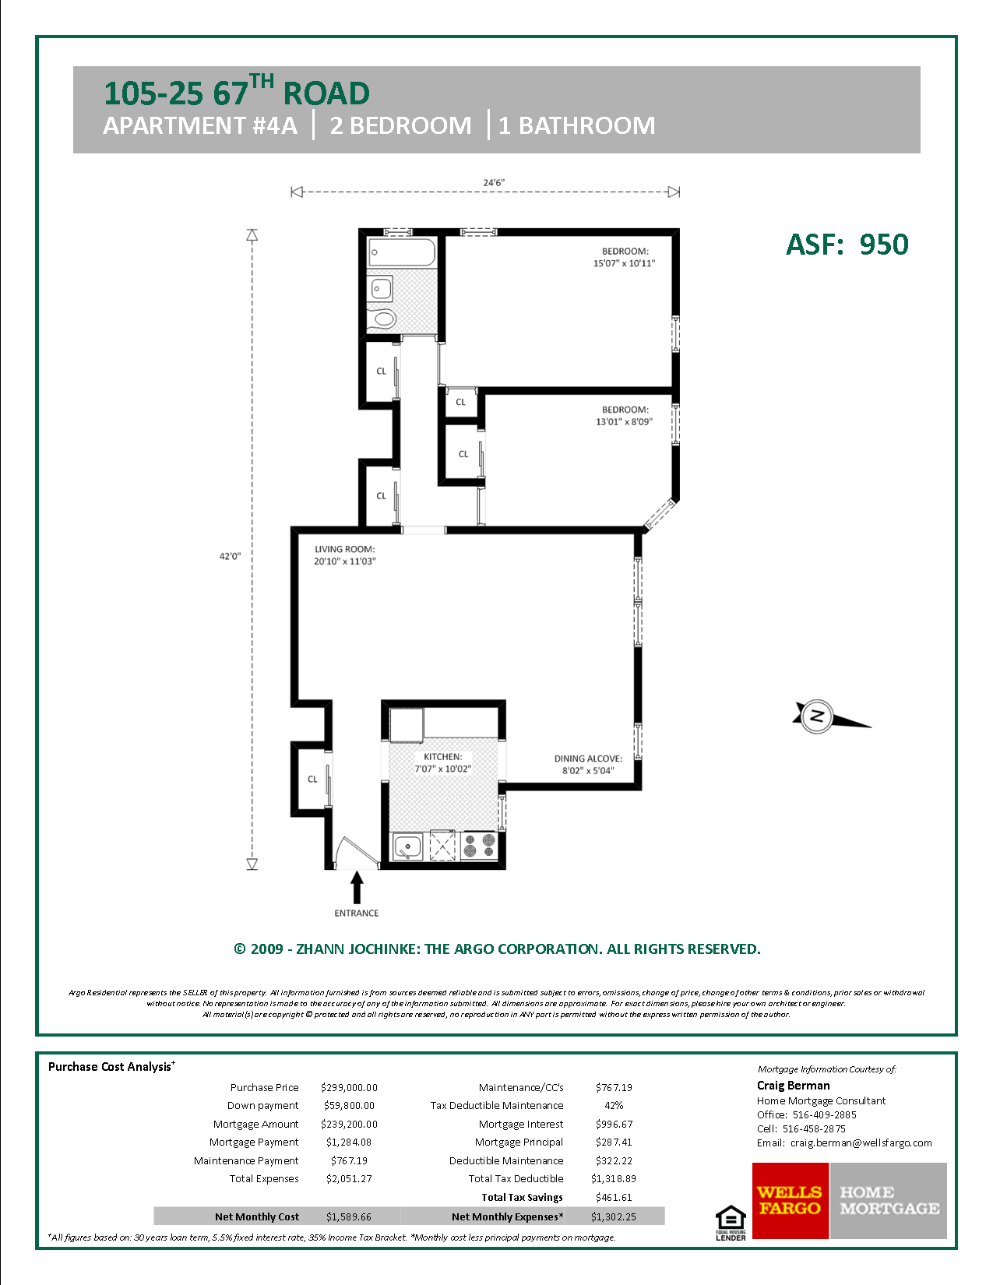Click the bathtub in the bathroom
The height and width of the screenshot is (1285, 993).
coord(402,252)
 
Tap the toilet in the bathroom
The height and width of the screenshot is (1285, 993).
coord(384,318)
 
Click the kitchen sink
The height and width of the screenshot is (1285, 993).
coord(407,846)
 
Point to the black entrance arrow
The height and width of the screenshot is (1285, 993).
coord(357,887)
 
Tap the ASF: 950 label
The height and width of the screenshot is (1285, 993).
coord(847,245)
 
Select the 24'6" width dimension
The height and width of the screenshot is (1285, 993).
coord(494,183)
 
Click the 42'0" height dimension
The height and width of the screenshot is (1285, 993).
coord(230,556)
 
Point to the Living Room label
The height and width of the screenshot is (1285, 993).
coord(344,549)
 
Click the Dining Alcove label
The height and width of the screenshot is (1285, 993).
coord(588,759)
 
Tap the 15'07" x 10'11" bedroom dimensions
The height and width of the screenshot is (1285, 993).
coord(624,263)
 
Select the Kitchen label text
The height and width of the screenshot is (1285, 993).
coord(442,756)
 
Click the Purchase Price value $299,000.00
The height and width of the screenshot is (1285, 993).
coord(349,1087)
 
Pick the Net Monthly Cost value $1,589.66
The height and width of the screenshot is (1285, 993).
coord(349,1216)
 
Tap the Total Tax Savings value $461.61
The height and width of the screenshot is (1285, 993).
coord(614,1197)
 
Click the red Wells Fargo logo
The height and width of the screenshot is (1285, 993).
coord(791,1200)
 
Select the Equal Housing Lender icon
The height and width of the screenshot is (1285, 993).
coord(731,1223)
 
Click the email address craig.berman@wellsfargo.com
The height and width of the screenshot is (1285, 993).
coord(861,1142)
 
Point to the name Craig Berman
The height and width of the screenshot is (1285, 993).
coord(793,1085)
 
